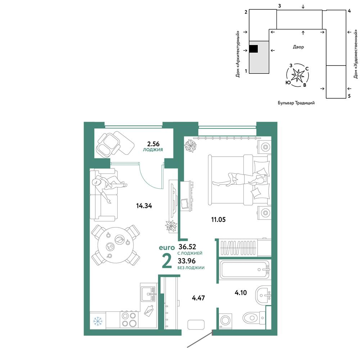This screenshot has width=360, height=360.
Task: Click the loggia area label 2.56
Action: click(x=153, y=144)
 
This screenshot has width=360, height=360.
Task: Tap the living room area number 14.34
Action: click(x=144, y=206)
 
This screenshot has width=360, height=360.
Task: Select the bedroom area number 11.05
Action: click(x=219, y=220)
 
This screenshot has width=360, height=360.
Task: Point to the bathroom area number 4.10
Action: click(x=240, y=292)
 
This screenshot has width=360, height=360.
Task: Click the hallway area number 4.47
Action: click(x=198, y=298)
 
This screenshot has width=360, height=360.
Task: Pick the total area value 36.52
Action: click(x=187, y=247)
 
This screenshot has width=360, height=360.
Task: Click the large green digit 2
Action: click(x=167, y=261)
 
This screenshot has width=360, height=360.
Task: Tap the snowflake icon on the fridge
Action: click(x=98, y=321)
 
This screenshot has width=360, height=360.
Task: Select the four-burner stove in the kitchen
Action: click(x=129, y=319)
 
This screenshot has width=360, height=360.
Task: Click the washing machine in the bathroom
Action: click(x=226, y=320)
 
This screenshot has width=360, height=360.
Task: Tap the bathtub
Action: click(x=245, y=270)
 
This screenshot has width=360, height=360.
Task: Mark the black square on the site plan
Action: click(x=253, y=49)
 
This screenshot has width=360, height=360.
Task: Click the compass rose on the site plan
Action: click(x=298, y=75)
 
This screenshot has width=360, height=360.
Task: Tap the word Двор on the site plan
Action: click(x=298, y=47)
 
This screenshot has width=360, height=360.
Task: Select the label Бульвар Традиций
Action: click(x=296, y=103)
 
